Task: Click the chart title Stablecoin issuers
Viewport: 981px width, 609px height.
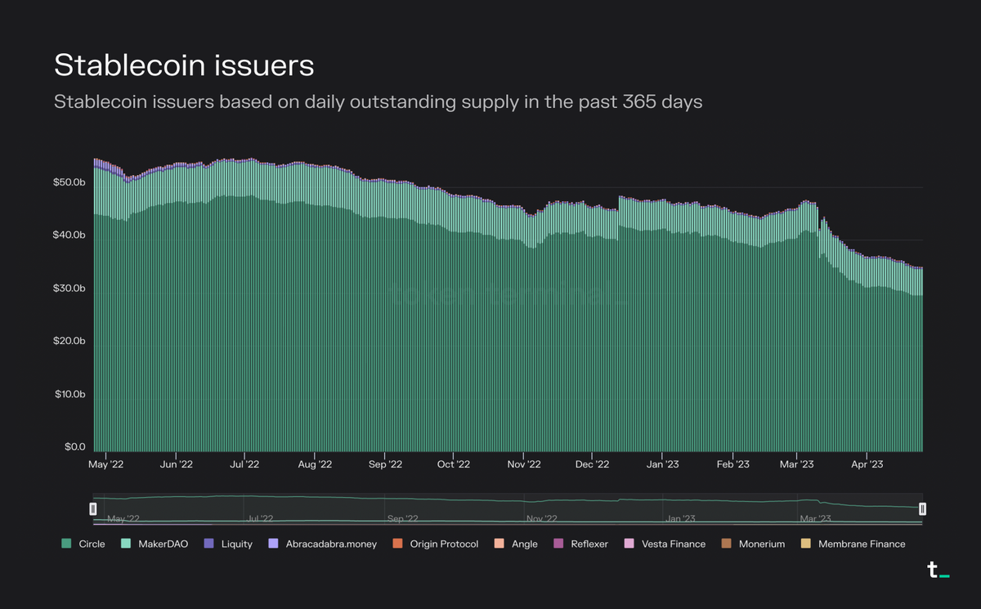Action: tap(184, 65)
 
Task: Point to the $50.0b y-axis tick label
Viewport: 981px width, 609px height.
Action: tap(69, 181)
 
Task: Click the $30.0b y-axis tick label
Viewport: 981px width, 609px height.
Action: tap(69, 289)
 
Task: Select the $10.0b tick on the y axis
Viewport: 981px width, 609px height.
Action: tap(69, 394)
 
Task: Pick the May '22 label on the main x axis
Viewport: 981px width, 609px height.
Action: tap(106, 464)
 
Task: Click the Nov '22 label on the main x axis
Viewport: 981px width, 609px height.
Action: tap(523, 464)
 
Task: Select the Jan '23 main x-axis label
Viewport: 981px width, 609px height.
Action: tap(661, 464)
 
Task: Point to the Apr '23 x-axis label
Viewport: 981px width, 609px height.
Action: tap(867, 464)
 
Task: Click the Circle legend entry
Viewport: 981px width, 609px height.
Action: tap(83, 544)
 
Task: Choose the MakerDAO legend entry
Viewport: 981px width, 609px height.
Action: tap(154, 544)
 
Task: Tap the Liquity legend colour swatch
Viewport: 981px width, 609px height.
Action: tap(208, 544)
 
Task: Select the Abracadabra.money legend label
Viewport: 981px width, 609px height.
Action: tap(331, 544)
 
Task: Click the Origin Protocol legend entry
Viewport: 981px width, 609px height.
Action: tap(436, 544)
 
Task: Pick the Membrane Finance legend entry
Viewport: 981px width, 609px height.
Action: tap(854, 544)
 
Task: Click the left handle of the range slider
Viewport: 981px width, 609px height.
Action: tap(93, 509)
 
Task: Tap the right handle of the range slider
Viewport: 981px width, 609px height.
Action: tap(922, 509)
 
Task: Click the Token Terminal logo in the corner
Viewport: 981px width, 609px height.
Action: tap(938, 571)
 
